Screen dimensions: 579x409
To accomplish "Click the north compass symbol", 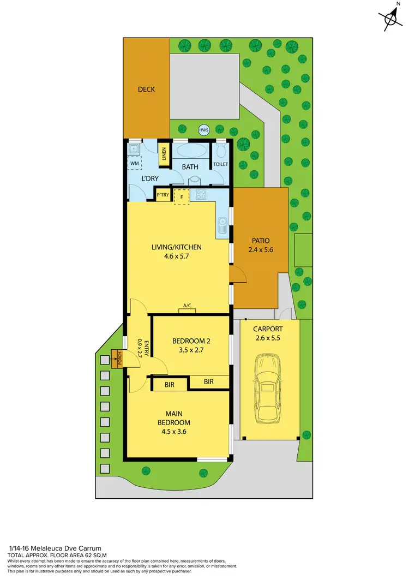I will pyautogui.click(x=390, y=17).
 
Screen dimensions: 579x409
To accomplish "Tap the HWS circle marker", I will pyautogui.click(x=204, y=130).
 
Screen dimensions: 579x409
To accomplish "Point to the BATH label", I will pyautogui.click(x=190, y=167).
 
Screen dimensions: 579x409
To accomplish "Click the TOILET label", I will pyautogui.click(x=221, y=164).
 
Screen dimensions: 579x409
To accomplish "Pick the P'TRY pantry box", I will pyautogui.click(x=163, y=195).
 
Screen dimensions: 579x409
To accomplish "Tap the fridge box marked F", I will pyautogui.click(x=181, y=196).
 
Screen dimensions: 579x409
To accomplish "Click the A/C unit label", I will pyautogui.click(x=187, y=306).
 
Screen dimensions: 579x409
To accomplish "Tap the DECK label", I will pyautogui.click(x=146, y=89).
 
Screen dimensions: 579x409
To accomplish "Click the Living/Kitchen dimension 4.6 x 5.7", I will pyautogui.click(x=176, y=257).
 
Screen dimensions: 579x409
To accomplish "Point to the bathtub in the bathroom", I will pyautogui.click(x=190, y=151).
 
